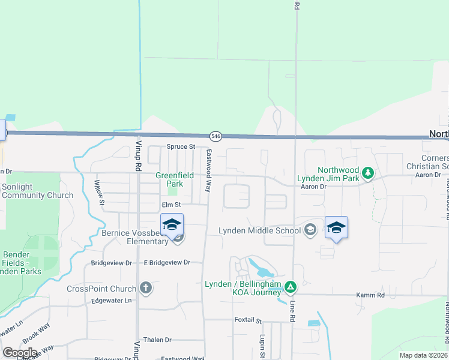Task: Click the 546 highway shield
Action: (x=217, y=136)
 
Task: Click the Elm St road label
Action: (x=171, y=205)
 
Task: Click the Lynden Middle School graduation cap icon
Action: (x=310, y=230)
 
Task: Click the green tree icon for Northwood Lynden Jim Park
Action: (x=369, y=174)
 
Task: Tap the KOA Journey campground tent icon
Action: (x=291, y=287)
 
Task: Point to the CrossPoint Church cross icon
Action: (x=145, y=288)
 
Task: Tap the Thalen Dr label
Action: (x=157, y=340)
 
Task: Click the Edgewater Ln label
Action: (x=111, y=301)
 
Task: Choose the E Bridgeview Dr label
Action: (x=167, y=263)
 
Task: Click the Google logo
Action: (x=20, y=353)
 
